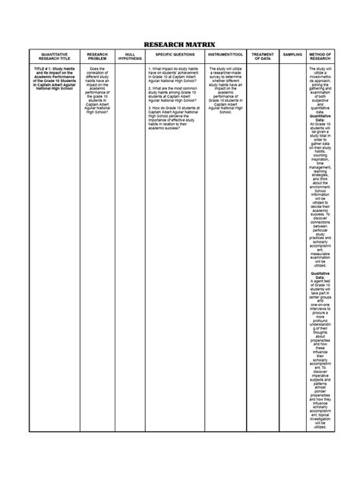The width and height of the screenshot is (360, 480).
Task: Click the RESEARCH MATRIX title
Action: [x=180, y=45]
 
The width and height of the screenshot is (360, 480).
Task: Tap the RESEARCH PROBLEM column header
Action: [x=97, y=57]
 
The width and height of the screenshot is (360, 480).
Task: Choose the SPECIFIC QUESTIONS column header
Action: [x=175, y=55]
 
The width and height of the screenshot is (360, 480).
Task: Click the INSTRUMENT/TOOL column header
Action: [x=226, y=55]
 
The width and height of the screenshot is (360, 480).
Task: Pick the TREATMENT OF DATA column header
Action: [x=263, y=57]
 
